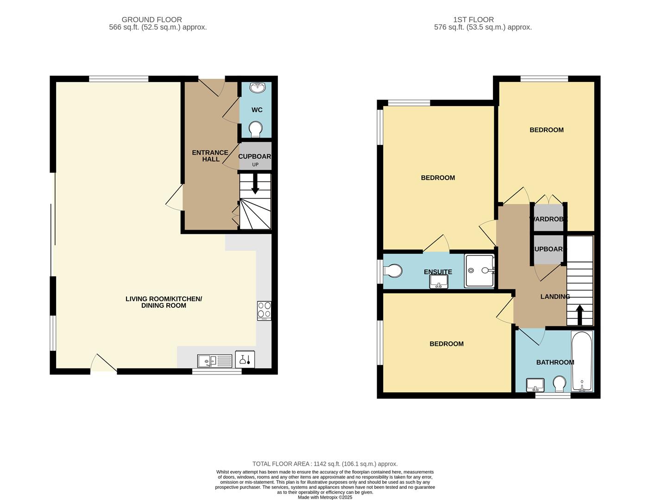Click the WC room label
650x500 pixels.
257,110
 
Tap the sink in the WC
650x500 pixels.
257,87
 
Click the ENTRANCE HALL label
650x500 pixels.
210,156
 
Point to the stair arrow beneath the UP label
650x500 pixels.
255,183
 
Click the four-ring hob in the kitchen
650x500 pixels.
264,311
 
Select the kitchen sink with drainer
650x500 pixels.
215,361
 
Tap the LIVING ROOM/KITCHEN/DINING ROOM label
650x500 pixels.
164,302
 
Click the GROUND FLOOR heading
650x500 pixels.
151,20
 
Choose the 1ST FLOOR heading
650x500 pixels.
473,20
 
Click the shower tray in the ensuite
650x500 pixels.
479,271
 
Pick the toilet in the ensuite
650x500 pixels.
392,271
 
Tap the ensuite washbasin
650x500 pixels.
439,281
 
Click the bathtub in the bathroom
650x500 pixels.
582,361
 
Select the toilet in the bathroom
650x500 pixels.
559,384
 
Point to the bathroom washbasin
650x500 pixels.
535,385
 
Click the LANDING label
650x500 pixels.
555,296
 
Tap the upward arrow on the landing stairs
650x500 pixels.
580,315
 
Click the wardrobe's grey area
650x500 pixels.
548,218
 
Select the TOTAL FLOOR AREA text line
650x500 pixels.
325,464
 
